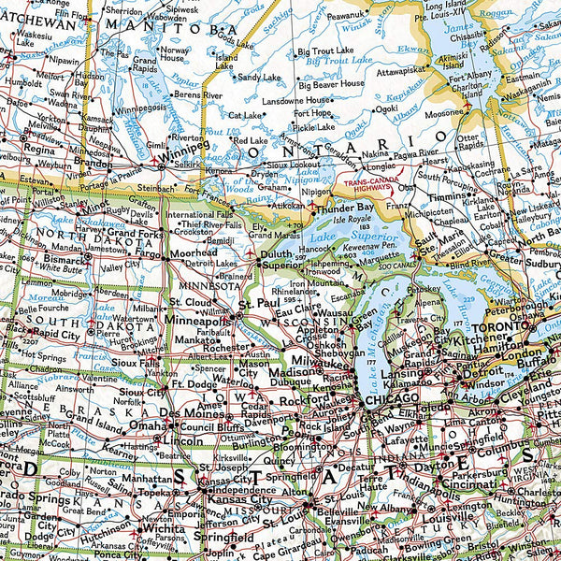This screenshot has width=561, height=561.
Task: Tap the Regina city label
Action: pyautogui.click(x=40, y=149)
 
